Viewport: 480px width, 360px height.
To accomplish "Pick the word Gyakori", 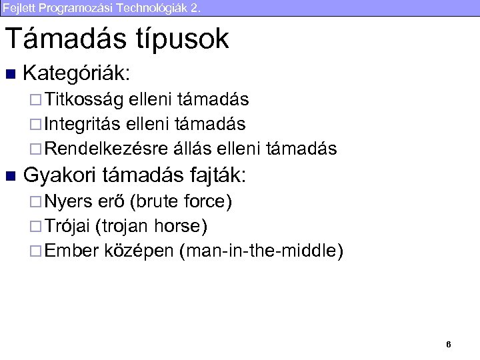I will [x=61, y=176].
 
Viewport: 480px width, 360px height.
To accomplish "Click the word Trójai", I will [x=69, y=227].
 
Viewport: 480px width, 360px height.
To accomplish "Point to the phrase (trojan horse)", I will [x=151, y=227].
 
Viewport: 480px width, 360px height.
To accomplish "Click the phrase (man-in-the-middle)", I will [x=261, y=251].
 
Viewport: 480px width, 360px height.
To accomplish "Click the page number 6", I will [x=449, y=345].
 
